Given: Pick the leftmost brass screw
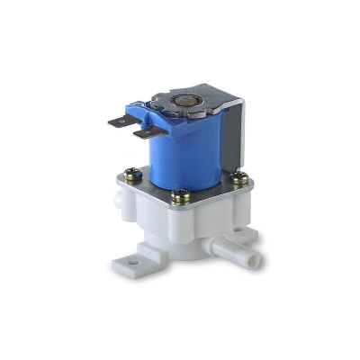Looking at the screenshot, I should pyautogui.click(x=133, y=176).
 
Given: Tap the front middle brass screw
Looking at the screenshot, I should pyautogui.click(x=181, y=195).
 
